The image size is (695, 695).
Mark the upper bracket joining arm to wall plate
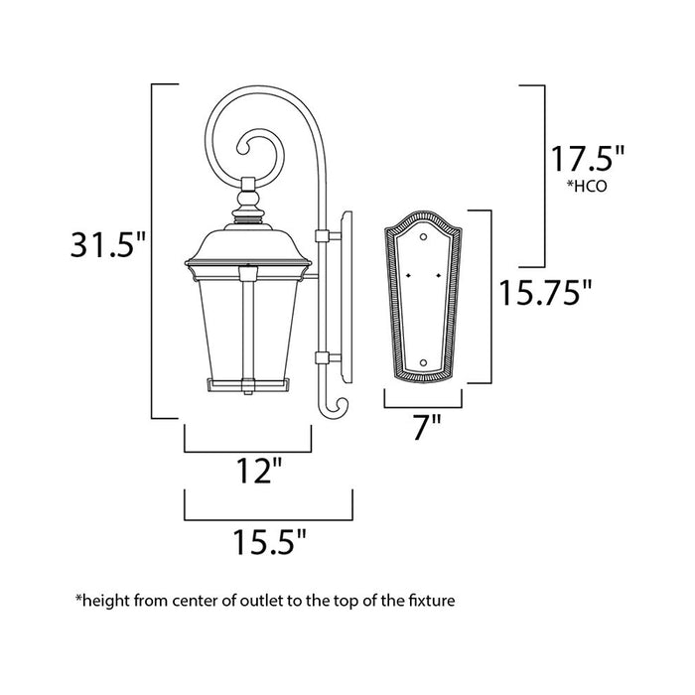tap(321, 235)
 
